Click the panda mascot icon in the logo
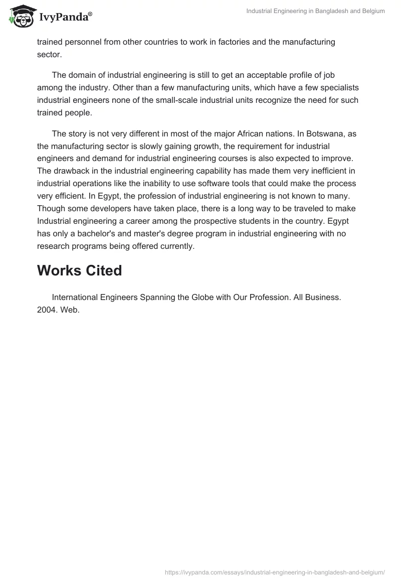[21, 17]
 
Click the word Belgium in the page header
[372, 12]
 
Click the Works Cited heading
[79, 271]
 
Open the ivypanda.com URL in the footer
[274, 572]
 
